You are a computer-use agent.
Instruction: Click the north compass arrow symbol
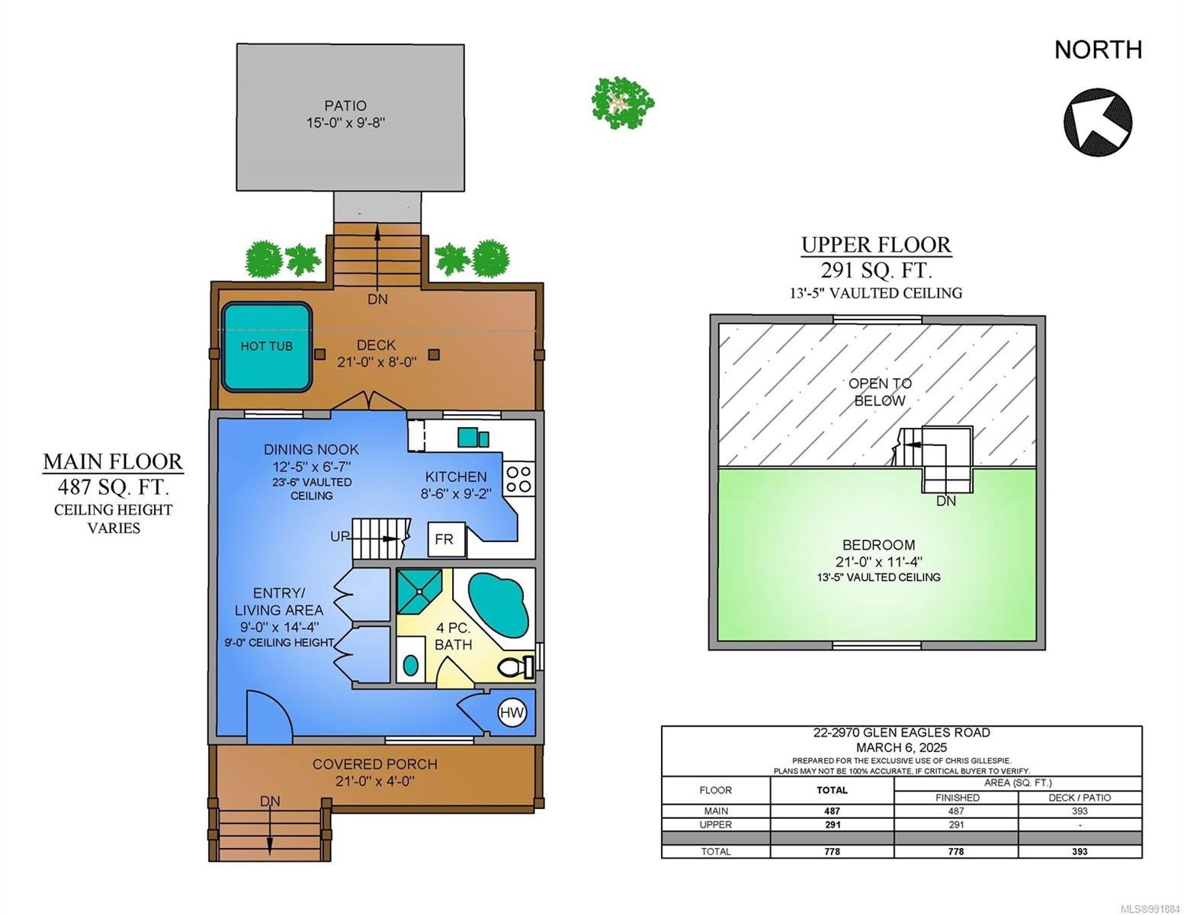point(1097,121)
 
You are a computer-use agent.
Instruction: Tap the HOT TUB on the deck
point(266,347)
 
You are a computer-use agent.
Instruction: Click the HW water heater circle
point(512,712)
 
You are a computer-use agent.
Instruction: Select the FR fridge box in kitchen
point(446,539)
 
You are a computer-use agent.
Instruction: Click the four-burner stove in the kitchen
point(518,479)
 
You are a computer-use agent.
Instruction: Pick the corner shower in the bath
point(419,591)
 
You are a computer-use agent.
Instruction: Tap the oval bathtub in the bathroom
point(498,605)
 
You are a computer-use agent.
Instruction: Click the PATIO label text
point(345,105)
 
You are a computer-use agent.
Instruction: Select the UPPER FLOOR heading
point(876,245)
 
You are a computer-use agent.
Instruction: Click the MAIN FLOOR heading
point(114,461)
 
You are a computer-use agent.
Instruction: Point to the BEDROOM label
point(878,544)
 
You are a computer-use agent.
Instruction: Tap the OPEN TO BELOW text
point(880,392)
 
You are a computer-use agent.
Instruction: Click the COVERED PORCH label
point(375,764)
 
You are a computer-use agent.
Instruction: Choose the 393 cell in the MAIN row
point(1080,811)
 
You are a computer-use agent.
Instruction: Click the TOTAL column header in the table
point(832,790)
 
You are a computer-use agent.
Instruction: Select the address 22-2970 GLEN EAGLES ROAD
point(902,733)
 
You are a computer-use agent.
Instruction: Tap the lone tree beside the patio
point(622,102)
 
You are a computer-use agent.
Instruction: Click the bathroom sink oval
point(411,666)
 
